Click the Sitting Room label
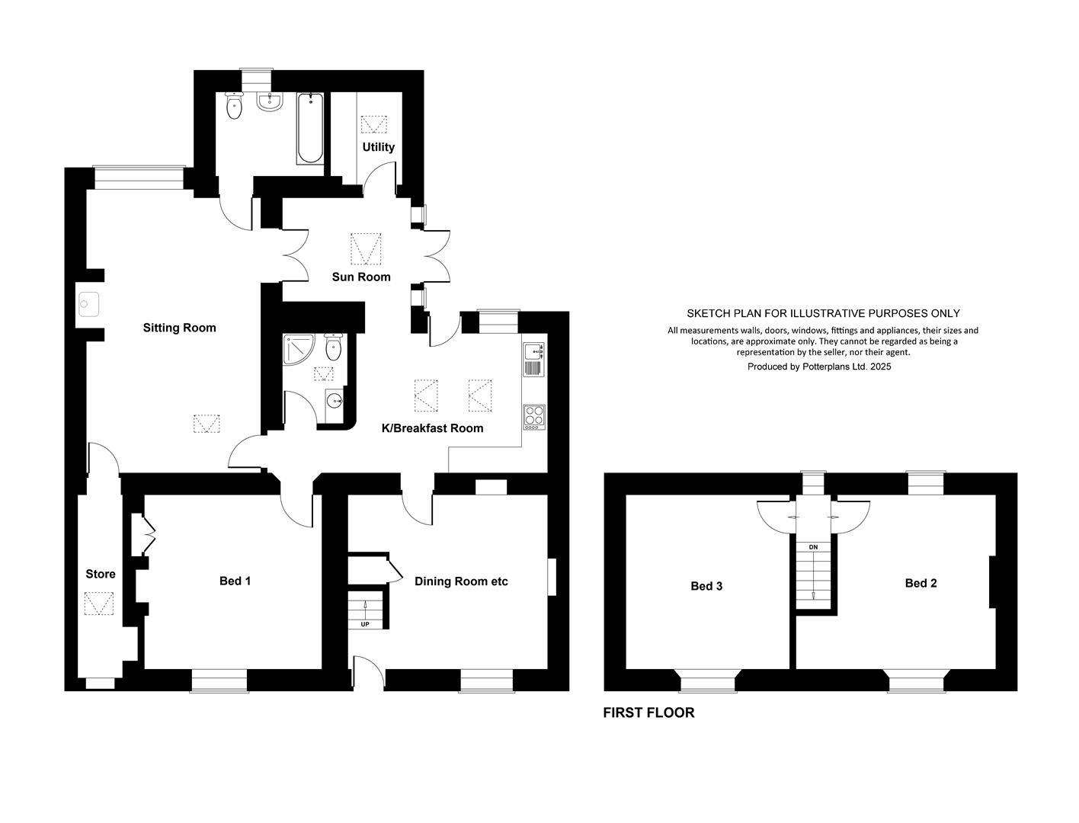[179, 328]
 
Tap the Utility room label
[379, 148]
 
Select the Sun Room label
[361, 277]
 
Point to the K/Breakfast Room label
[433, 428]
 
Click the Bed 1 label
[235, 581]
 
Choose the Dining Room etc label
[461, 581]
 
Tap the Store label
[101, 575]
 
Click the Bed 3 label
[706, 586]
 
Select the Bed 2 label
[921, 583]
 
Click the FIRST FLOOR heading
[648, 713]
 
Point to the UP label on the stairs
[365, 624]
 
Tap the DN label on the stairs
[813, 547]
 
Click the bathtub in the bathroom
[310, 128]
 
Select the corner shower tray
[299, 350]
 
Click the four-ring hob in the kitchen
[534, 418]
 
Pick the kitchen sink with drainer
[534, 360]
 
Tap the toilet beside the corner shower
[333, 347]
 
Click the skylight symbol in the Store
[99, 604]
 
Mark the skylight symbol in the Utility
[374, 124]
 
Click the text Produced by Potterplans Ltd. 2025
[819, 367]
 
